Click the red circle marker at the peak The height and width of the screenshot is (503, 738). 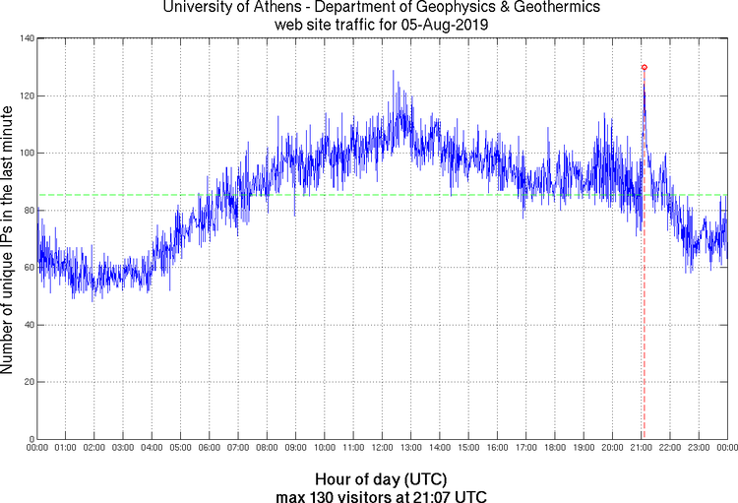point(644,67)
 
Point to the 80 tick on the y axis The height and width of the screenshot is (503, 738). point(27,210)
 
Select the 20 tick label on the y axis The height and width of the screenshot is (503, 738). point(27,381)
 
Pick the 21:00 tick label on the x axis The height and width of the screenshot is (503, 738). point(641,448)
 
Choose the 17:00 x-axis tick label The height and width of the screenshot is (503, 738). point(525,448)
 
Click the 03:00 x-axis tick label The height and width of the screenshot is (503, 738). point(123,448)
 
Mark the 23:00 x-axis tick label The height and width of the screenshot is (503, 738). point(698,448)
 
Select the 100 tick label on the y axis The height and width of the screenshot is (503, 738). point(24,153)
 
